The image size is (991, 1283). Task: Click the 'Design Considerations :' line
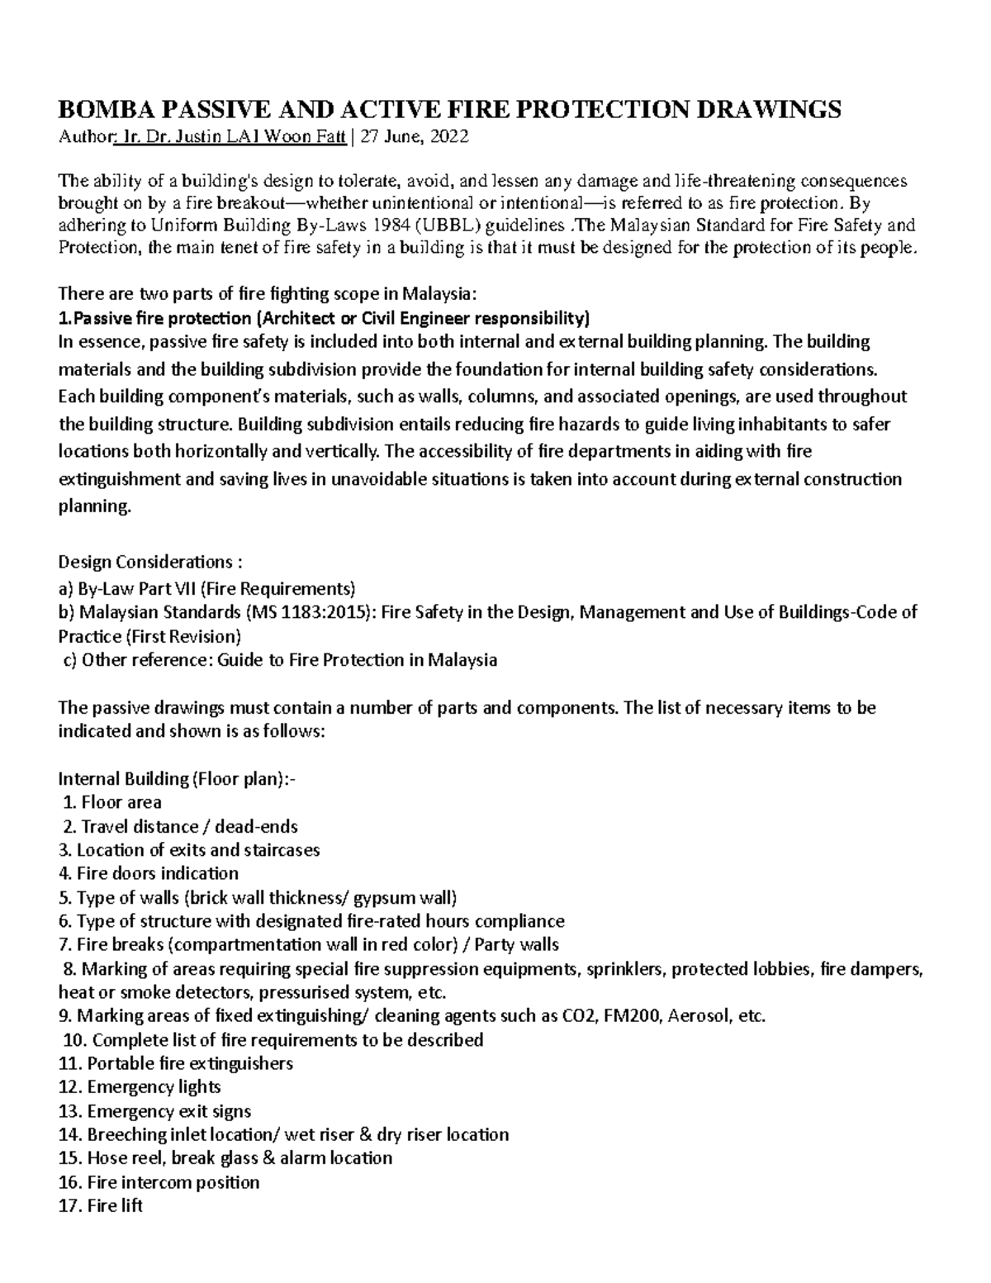point(151,563)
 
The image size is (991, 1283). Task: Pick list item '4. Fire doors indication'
point(149,873)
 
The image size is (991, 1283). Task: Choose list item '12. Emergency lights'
point(140,1087)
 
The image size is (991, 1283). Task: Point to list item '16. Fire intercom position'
point(159,1182)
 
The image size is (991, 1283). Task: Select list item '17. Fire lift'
point(101,1205)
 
